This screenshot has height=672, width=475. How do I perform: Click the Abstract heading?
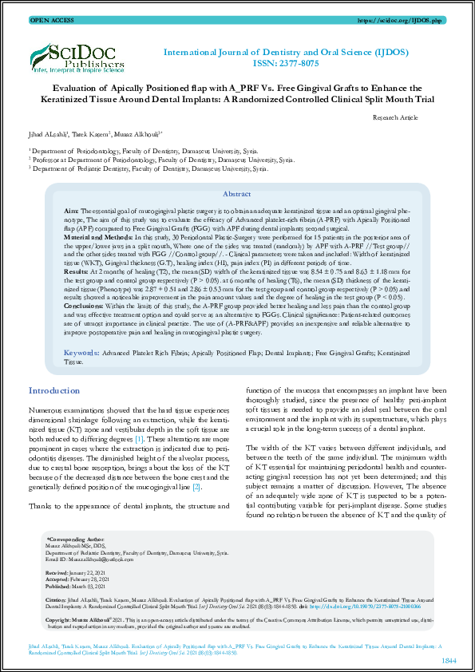pos(236,194)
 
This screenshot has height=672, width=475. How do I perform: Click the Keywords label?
pos(81,351)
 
